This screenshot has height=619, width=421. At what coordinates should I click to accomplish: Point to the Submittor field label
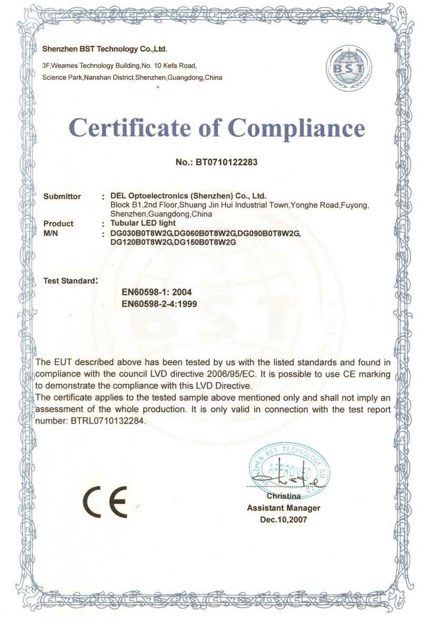coord(62,196)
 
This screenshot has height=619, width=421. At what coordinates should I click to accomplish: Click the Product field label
coord(58,224)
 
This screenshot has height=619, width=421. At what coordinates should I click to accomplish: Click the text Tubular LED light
coord(139,224)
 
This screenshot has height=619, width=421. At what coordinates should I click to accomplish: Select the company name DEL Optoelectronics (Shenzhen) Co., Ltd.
coord(192,196)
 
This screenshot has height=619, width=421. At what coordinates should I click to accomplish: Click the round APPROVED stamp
coord(288,468)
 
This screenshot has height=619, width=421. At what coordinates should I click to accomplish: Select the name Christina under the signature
coord(284,496)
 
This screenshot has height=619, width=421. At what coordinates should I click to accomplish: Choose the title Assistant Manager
coord(284,508)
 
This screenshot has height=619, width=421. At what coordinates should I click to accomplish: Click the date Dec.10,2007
coord(284,520)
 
